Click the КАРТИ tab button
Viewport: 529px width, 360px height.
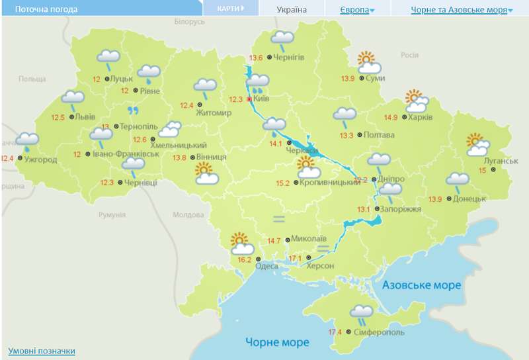point(230,9)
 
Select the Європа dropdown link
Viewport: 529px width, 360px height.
point(357,10)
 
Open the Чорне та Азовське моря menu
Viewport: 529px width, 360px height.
point(462,10)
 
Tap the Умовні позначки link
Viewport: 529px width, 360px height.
point(41,351)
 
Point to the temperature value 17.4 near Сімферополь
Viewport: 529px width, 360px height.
point(335,332)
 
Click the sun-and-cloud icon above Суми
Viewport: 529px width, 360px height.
point(368,63)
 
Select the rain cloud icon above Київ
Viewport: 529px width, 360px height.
point(257,83)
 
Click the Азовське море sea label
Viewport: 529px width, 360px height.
point(421,285)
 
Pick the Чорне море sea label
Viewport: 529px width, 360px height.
point(277,342)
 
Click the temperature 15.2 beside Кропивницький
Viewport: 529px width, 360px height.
point(282,183)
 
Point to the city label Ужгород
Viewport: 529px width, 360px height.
point(40,159)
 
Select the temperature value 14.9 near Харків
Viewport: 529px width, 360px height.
point(391,118)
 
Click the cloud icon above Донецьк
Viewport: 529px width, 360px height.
point(458,180)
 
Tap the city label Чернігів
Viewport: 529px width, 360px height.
point(288,58)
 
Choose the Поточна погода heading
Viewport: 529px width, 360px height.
point(46,10)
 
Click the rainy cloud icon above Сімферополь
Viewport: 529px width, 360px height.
point(362,312)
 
